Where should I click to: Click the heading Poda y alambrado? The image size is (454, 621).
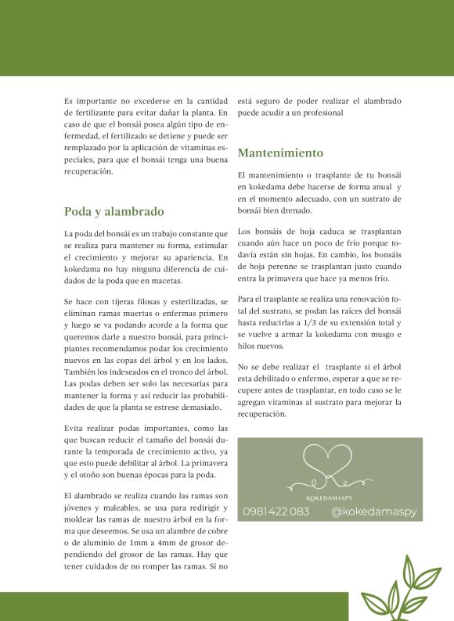(113, 211)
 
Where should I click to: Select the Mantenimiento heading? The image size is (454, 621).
(280, 153)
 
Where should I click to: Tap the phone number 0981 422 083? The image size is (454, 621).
(276, 512)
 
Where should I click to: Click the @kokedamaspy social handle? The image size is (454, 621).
(374, 512)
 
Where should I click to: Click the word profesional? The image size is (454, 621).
(321, 113)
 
